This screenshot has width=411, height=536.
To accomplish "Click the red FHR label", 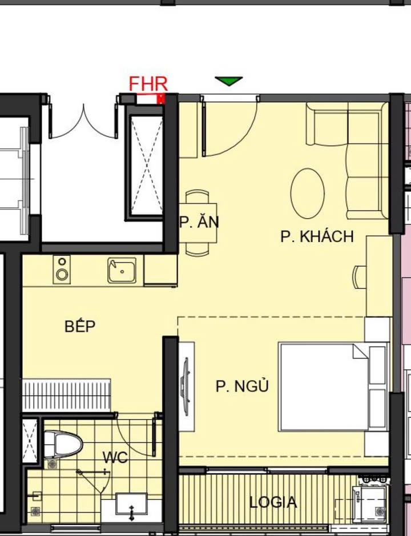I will [x=148, y=84].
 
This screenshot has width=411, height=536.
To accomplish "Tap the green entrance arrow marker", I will [x=229, y=82].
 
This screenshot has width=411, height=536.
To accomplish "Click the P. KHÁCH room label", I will [x=317, y=236].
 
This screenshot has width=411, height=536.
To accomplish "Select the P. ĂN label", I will [x=199, y=222].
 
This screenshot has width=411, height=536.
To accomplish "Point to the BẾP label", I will [x=80, y=327].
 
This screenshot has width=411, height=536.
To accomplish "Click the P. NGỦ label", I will [x=242, y=386].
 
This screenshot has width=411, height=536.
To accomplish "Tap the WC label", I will [x=115, y=457].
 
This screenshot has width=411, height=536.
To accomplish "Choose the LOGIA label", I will [x=273, y=502].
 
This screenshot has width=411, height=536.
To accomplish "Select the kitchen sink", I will [x=122, y=271].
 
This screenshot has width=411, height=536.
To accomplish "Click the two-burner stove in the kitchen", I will [x=62, y=269].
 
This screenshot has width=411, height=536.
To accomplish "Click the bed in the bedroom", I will [x=323, y=386].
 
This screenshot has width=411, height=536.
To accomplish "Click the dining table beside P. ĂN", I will [x=198, y=221].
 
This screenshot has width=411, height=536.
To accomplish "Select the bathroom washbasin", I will [x=131, y=505].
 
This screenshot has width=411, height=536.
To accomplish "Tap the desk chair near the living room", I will [x=359, y=277].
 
